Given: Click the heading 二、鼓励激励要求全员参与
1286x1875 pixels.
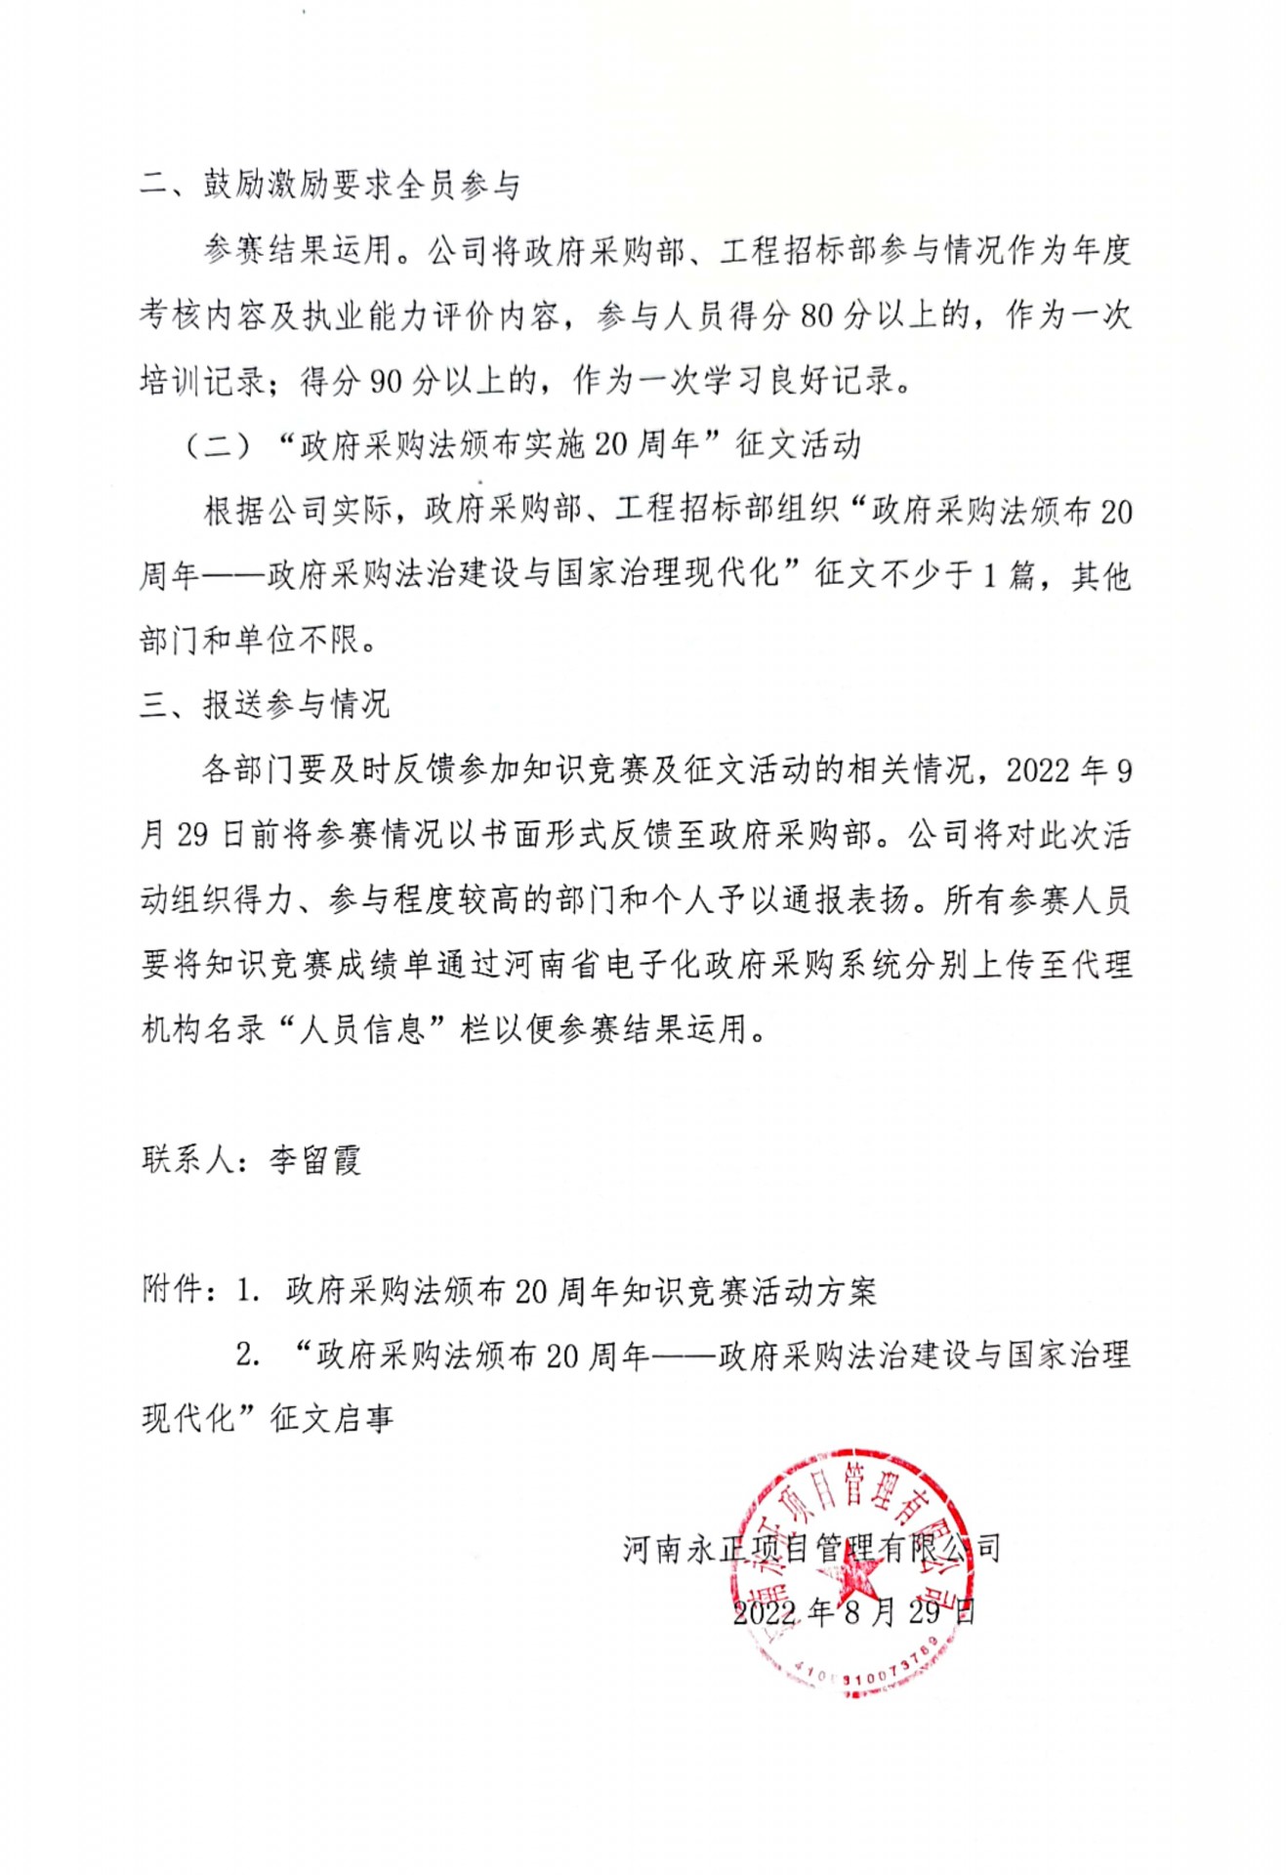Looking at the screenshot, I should point(329,185).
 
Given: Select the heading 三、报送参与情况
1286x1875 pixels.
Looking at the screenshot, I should point(265,704).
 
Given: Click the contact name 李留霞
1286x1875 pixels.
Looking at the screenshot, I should point(314,1160).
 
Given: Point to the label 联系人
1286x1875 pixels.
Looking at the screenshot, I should point(187,1160).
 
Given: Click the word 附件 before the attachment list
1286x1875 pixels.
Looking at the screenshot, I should point(171,1290).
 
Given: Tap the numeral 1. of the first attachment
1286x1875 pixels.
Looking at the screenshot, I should point(248,1291).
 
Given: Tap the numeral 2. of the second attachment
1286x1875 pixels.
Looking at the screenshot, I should point(248,1355).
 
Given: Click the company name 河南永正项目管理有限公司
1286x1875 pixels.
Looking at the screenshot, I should point(811,1548).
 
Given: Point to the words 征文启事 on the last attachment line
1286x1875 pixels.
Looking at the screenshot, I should point(332,1419).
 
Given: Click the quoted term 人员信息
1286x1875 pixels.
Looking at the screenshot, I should point(362,1029).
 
